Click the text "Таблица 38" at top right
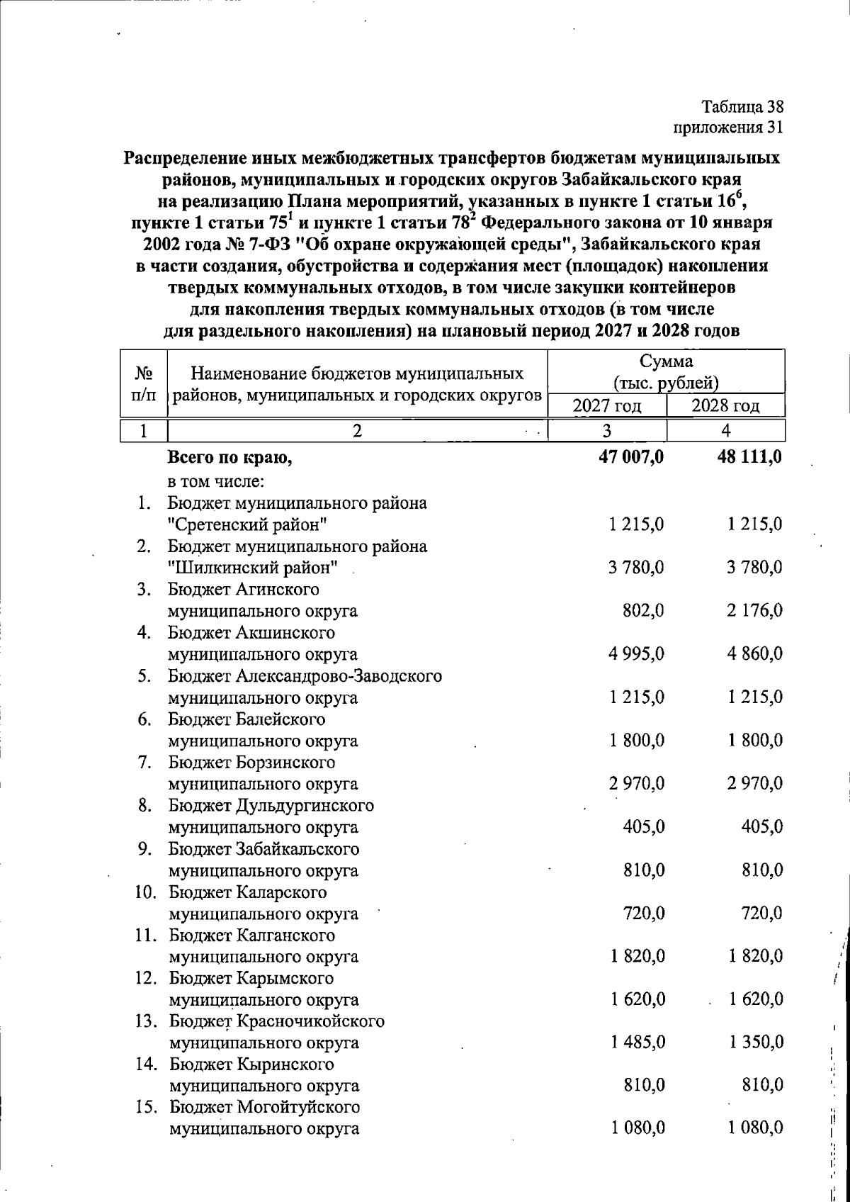point(742,107)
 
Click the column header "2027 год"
point(607,406)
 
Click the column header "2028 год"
point(725,406)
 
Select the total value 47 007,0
point(631,457)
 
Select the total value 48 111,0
point(749,457)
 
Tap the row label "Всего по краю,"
point(229,458)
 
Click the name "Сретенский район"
point(247,525)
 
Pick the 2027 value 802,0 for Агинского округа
point(641,611)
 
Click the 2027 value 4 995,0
point(636,654)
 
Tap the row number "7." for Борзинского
point(147,763)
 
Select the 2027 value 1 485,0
point(636,1043)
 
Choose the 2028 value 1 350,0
point(755,1043)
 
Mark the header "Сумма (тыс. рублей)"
point(666,372)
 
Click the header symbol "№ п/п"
point(144,383)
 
